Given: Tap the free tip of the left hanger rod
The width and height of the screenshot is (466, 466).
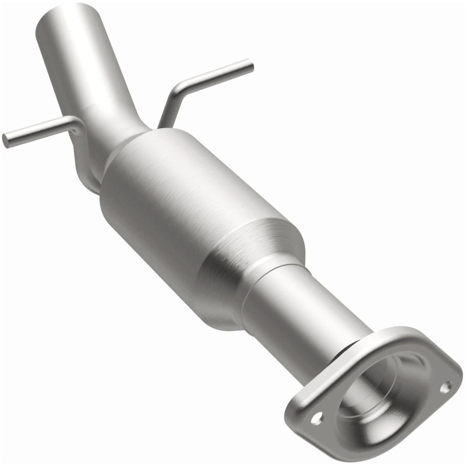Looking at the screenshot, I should [x=5, y=140].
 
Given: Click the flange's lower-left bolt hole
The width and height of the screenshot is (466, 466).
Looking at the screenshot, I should [x=316, y=417].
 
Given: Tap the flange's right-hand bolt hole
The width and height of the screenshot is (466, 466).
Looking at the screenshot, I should [x=446, y=386].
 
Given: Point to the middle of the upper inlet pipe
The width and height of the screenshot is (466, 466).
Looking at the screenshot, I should [x=87, y=70].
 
